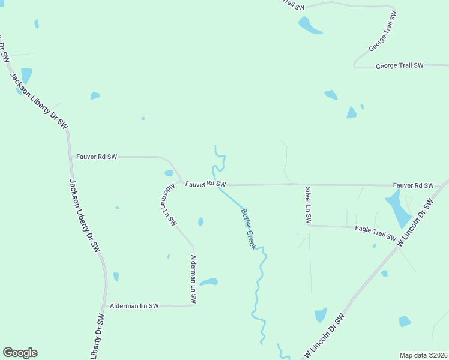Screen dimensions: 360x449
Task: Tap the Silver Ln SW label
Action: (307, 205)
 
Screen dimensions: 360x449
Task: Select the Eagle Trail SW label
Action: (376, 233)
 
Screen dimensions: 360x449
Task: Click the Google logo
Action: (20, 353)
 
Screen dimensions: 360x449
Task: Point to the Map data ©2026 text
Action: (423, 355)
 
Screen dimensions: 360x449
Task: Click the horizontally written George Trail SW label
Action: (400, 65)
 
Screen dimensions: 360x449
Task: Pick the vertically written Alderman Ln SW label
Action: (193, 278)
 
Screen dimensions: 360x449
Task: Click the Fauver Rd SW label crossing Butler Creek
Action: (205, 184)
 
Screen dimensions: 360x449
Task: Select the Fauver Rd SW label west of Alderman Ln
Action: (97, 157)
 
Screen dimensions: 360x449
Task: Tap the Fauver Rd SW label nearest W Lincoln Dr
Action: (413, 185)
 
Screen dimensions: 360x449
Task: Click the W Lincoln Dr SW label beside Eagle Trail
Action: (414, 222)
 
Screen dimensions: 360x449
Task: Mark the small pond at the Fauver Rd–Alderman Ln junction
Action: (169, 173)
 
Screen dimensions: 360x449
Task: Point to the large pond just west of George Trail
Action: (309, 25)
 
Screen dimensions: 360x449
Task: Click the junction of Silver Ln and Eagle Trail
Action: (309, 226)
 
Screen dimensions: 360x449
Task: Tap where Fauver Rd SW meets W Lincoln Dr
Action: (440, 185)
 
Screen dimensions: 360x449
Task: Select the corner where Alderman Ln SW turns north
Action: (193, 305)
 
